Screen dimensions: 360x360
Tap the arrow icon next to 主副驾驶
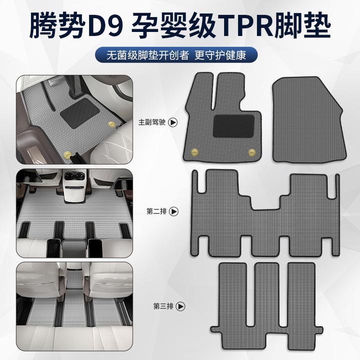173,121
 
